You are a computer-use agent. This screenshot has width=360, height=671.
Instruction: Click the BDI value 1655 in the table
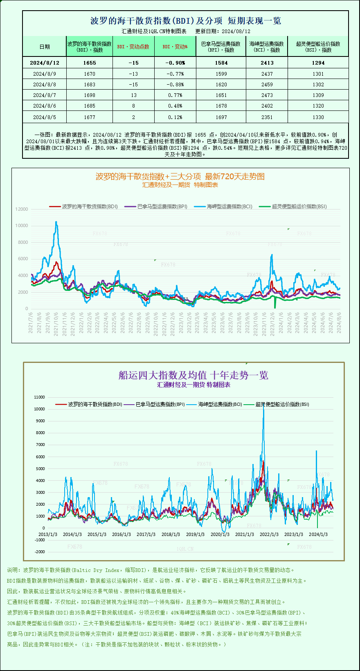pyautogui.click(x=89, y=63)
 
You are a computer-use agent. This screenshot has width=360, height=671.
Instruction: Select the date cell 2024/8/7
pyautogui.click(x=45, y=95)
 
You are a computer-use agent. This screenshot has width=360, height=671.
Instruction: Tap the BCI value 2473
pyautogui.click(x=267, y=95)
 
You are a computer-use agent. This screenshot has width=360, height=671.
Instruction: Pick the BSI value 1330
pyautogui.click(x=318, y=117)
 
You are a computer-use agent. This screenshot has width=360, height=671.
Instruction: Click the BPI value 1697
pyautogui.click(x=221, y=117)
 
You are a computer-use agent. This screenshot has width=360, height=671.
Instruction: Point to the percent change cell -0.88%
pyautogui.click(x=175, y=85)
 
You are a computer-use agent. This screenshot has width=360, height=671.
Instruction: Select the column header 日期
pyautogui.click(x=45, y=47)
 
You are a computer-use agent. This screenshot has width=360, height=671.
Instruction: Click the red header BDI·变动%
pyautogui.click(x=175, y=47)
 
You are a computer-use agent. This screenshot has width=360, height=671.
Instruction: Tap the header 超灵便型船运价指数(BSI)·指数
pyautogui.click(x=318, y=47)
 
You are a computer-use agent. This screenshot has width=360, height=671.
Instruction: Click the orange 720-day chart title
pyautogui.click(x=180, y=176)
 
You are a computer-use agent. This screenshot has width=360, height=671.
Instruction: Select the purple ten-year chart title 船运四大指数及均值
pyautogui.click(x=193, y=375)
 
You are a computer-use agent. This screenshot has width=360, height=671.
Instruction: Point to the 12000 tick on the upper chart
pyautogui.click(x=22, y=209)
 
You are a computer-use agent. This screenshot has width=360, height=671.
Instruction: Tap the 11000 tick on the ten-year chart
pyautogui.click(x=40, y=397)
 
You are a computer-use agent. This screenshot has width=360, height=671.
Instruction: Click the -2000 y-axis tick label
pyautogui.click(x=40, y=552)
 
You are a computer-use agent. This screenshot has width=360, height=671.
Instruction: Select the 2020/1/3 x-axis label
pyautogui.click(x=220, y=534)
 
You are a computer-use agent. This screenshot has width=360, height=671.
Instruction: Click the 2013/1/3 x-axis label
pyautogui.click(x=48, y=534)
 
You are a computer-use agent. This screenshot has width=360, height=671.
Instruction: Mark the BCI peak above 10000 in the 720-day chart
pyautogui.click(x=56, y=222)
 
